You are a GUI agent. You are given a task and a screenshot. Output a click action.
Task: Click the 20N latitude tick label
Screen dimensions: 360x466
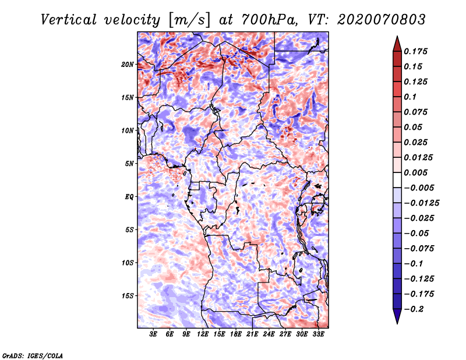click(x=128, y=64)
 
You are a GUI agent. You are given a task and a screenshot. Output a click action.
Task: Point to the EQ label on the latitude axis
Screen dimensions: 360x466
click(x=129, y=196)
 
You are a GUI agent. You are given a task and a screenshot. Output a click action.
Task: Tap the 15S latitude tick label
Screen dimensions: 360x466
click(x=128, y=295)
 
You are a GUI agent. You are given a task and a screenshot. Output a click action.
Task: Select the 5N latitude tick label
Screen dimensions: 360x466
click(x=129, y=163)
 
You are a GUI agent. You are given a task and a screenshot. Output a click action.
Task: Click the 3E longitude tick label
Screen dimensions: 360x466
click(x=154, y=334)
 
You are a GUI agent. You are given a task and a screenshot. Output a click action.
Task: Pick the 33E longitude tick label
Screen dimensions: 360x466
click(x=319, y=334)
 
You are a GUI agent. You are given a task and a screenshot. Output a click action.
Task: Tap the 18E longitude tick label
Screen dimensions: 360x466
click(x=236, y=334)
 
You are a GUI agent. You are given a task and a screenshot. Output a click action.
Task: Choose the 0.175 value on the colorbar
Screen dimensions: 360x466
click(x=417, y=51)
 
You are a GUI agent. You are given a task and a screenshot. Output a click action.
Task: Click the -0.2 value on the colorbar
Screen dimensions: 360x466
click(x=416, y=309)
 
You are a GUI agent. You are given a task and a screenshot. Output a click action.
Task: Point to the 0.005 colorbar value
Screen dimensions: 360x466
click(x=417, y=172)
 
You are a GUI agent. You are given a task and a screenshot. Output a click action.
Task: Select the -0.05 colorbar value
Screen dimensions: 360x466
click(x=418, y=233)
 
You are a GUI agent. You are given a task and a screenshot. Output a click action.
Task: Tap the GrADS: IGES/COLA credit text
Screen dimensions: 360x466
click(x=33, y=354)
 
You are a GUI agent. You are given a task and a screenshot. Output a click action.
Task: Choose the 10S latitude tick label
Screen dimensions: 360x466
click(x=128, y=262)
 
